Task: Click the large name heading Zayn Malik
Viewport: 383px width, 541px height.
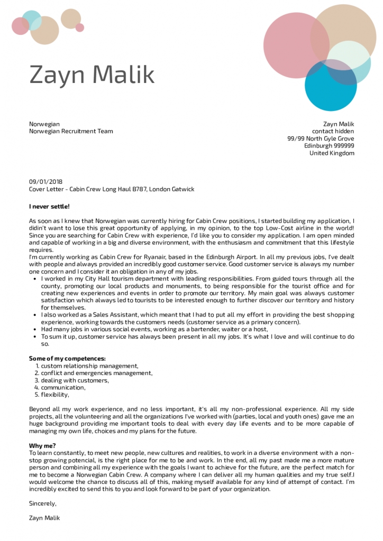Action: click(x=92, y=74)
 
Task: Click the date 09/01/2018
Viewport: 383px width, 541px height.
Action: click(x=45, y=181)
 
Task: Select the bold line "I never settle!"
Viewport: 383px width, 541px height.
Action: click(x=49, y=206)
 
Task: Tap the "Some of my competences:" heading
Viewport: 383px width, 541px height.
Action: click(x=67, y=358)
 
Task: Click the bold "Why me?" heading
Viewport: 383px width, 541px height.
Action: click(x=42, y=445)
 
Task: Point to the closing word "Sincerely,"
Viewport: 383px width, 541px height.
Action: click(x=43, y=503)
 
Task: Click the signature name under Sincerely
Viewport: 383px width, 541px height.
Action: click(x=44, y=518)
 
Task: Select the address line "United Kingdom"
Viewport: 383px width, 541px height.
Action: click(x=332, y=153)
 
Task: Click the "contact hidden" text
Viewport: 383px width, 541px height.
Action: click(x=333, y=131)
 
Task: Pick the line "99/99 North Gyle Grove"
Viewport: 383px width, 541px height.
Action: click(x=321, y=138)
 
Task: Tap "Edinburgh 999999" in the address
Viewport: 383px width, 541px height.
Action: click(x=329, y=146)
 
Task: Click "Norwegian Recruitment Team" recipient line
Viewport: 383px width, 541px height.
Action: click(x=71, y=131)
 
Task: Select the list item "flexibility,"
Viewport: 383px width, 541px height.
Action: click(x=55, y=395)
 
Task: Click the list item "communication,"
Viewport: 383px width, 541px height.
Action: click(x=63, y=387)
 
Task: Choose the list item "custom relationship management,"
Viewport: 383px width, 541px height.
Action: click(x=89, y=366)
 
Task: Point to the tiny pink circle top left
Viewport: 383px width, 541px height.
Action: click(x=80, y=27)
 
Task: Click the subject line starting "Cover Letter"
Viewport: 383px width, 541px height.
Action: click(x=112, y=189)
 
